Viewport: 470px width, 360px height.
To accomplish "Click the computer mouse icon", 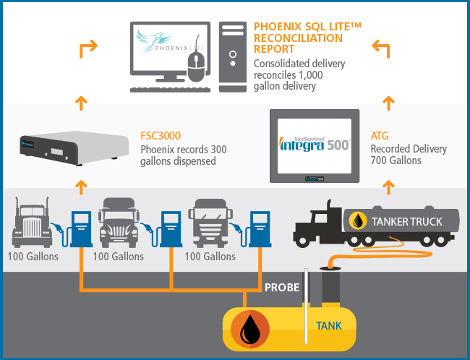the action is [x=197, y=67].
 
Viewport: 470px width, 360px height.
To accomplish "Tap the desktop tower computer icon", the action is [x=233, y=56].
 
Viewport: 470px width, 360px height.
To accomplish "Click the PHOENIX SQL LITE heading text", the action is [x=307, y=26].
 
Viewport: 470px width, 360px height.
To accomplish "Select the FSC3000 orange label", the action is [x=161, y=136].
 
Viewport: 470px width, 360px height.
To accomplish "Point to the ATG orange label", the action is [x=380, y=136].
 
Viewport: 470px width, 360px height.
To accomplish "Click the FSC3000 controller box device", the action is [x=74, y=147].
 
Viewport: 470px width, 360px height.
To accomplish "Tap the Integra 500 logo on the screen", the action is [x=314, y=144].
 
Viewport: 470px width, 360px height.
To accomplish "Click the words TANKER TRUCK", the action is [x=407, y=221].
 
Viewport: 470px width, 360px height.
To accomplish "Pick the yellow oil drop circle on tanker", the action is [x=358, y=221].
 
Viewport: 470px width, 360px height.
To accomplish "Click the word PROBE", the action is [x=282, y=288].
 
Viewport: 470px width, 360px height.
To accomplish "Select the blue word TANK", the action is [x=329, y=326].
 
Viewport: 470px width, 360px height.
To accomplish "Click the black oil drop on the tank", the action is [x=250, y=329].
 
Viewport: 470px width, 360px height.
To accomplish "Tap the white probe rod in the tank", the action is [x=306, y=306].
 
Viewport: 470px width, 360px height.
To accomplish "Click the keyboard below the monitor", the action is [x=170, y=90].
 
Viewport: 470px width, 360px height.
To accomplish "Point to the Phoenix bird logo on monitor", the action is [x=154, y=40].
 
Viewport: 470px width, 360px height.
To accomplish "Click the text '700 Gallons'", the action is [x=396, y=160].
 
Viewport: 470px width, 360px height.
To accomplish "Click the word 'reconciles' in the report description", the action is [x=270, y=75].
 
